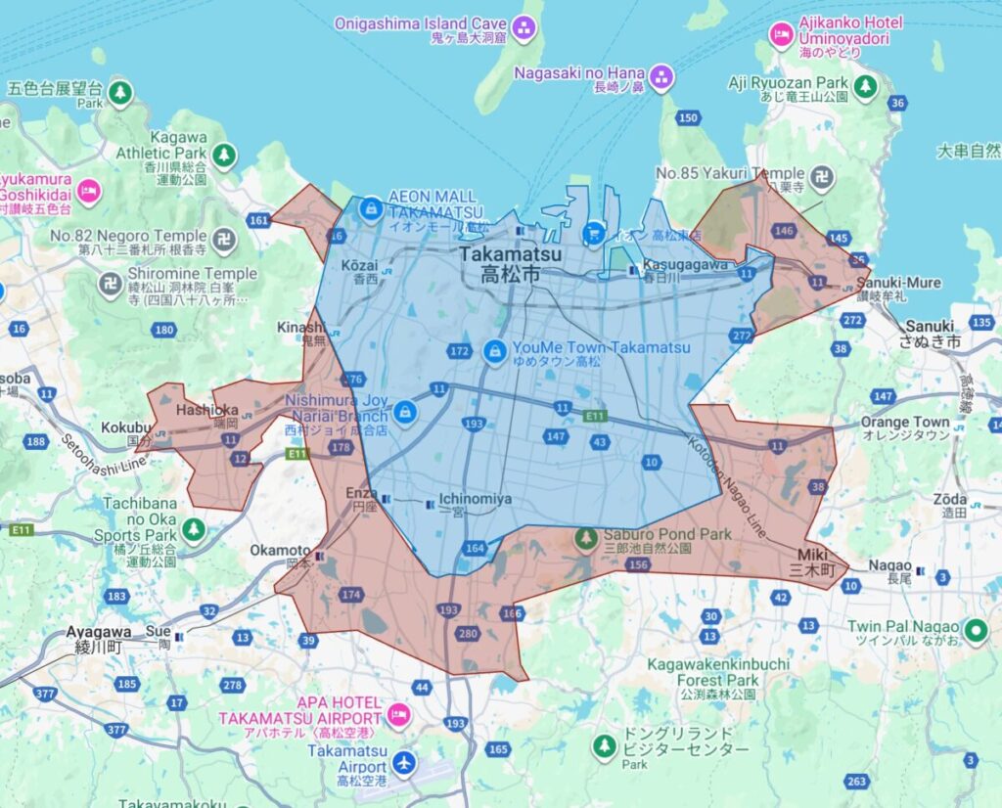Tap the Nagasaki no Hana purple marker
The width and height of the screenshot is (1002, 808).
(x=662, y=76)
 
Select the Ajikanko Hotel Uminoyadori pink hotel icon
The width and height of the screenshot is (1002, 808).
(x=782, y=35)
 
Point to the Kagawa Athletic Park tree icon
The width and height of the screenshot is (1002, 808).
(x=225, y=155)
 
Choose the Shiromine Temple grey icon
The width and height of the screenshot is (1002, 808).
(x=111, y=284)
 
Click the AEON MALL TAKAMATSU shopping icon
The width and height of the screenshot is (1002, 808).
(x=371, y=208)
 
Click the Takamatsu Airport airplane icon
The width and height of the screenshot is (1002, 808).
(x=403, y=761)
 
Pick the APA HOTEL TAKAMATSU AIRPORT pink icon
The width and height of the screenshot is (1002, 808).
(x=398, y=715)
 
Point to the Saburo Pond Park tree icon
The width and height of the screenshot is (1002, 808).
(x=586, y=537)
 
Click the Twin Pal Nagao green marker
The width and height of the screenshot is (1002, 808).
(x=974, y=631)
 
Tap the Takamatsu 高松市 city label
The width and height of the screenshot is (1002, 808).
(x=510, y=265)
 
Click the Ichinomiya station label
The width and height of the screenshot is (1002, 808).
(x=475, y=499)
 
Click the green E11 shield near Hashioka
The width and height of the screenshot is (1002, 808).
(x=297, y=454)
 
